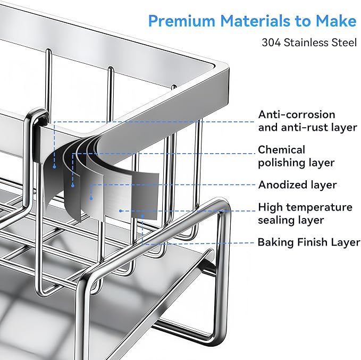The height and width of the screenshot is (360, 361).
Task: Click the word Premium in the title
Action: [x=182, y=21]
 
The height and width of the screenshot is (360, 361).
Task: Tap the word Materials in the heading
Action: [x=255, y=21]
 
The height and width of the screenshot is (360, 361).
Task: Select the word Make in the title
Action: [x=336, y=21]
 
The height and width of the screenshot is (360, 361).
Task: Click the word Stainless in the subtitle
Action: [x=306, y=43]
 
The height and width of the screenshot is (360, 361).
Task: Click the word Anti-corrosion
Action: [x=297, y=114]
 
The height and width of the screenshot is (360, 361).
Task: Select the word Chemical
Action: [x=281, y=150]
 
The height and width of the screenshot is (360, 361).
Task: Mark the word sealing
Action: [x=275, y=220]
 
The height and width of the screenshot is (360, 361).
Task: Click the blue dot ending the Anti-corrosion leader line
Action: [x=54, y=166]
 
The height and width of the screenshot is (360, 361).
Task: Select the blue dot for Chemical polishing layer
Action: [x=73, y=185]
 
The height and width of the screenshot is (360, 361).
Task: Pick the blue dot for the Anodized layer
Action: [x=91, y=198]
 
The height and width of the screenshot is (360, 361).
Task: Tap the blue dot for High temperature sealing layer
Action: [x=120, y=211]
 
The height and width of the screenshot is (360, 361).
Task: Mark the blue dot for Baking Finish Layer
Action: [x=142, y=216]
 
